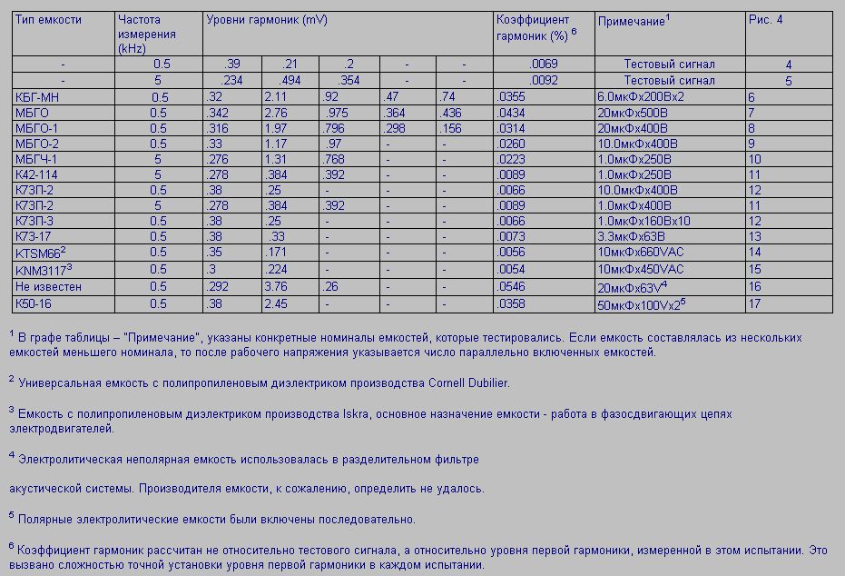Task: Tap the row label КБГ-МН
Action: pyautogui.click(x=38, y=97)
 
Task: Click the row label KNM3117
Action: pyautogui.click(x=40, y=269)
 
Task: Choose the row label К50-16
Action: pyautogui.click(x=34, y=303)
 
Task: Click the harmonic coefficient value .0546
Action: pyautogui.click(x=512, y=286)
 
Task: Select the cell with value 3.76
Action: pyautogui.click(x=276, y=286)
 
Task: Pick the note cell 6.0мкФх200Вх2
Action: pyautogui.click(x=641, y=97)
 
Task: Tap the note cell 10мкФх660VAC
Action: pyautogui.click(x=640, y=253)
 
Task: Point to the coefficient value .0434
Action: pyautogui.click(x=512, y=113)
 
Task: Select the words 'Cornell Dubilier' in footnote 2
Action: pyautogui.click(x=468, y=382)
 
